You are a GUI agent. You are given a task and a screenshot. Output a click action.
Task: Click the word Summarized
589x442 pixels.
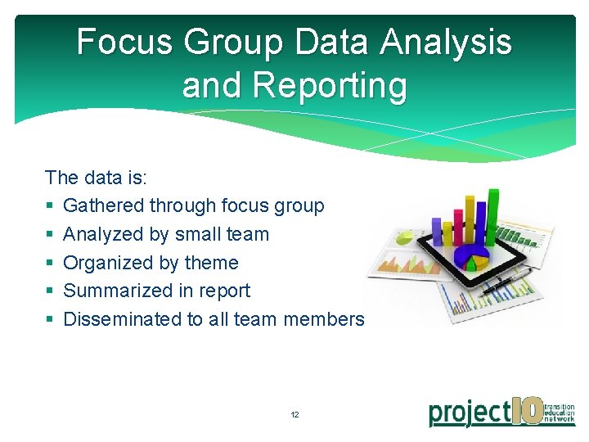tap(116, 291)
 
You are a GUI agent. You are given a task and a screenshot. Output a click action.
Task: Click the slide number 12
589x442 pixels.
tap(294, 415)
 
